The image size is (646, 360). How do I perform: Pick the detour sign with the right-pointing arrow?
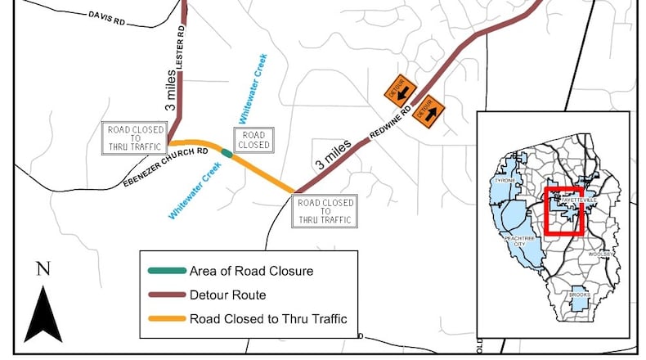pyautogui.click(x=429, y=109)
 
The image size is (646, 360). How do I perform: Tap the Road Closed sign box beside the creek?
pyautogui.click(x=253, y=139)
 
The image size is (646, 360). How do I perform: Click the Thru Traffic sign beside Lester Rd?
pyautogui.click(x=135, y=138)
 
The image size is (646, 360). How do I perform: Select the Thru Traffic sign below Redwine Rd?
pyautogui.click(x=325, y=211)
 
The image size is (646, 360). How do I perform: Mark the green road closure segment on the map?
pyautogui.click(x=226, y=151)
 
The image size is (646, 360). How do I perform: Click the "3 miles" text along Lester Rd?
pyautogui.click(x=170, y=91)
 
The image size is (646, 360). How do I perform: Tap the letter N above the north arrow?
pyautogui.click(x=43, y=269)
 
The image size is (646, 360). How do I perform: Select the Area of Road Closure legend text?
pyautogui.click(x=240, y=271)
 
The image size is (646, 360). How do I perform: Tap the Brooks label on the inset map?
pyautogui.click(x=581, y=294)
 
